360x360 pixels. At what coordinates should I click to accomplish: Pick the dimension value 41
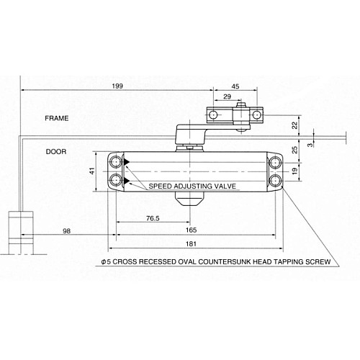click(x=92, y=171)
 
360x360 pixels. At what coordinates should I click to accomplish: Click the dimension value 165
click(x=192, y=230)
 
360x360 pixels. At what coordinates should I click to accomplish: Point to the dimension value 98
click(x=66, y=230)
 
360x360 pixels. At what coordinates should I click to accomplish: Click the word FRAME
click(x=56, y=117)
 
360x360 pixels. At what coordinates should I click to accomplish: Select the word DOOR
click(x=56, y=152)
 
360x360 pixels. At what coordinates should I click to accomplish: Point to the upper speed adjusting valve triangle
click(x=127, y=163)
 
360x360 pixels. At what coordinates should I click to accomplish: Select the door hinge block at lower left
click(x=21, y=230)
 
